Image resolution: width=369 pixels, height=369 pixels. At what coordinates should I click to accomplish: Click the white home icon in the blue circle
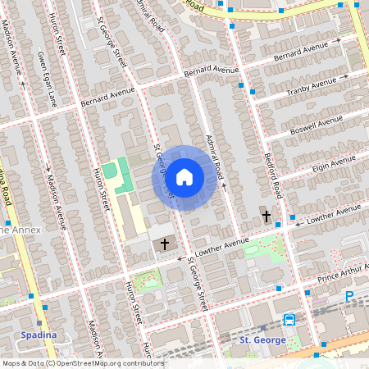pyautogui.click(x=184, y=177)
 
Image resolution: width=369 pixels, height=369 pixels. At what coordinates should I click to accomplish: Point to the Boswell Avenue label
pyautogui.click(x=317, y=128)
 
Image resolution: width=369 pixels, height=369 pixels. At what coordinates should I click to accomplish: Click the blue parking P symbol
pyautogui.click(x=349, y=296)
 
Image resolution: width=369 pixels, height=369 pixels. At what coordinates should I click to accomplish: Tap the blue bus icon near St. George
pyautogui.click(x=289, y=320)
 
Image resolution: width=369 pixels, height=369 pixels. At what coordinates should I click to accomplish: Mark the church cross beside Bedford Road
pyautogui.click(x=266, y=216)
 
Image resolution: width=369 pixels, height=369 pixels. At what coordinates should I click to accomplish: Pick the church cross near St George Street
pyautogui.click(x=164, y=244)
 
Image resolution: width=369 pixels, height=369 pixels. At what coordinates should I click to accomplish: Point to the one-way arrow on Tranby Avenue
pyautogui.click(x=345, y=76)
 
